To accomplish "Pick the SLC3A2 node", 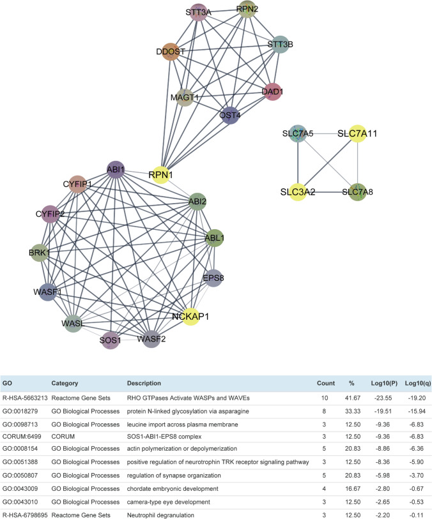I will click(297, 191).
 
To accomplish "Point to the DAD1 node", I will click(272, 93).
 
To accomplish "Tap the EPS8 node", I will click(213, 278).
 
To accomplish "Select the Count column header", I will click(326, 384).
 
